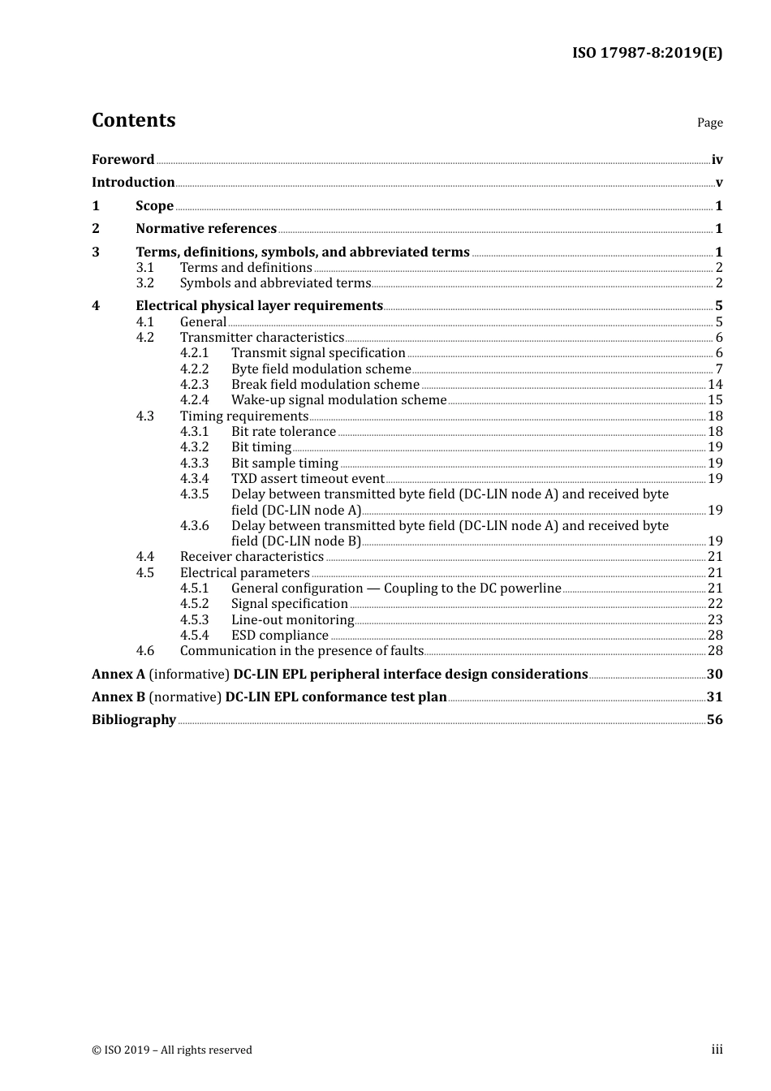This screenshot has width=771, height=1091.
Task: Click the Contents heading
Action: [x=133, y=120]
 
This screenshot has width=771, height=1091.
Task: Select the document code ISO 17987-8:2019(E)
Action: [x=647, y=53]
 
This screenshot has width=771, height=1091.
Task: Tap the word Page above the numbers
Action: [x=709, y=123]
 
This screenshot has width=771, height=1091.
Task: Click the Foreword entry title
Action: [x=123, y=160]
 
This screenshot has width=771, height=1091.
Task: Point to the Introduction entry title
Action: [x=133, y=183]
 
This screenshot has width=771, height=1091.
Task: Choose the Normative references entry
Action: [x=206, y=229]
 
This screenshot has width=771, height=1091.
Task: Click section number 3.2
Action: [x=145, y=283]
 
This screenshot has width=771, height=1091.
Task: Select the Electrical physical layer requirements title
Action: [x=259, y=306]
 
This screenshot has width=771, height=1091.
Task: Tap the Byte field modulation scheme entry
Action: [x=321, y=369]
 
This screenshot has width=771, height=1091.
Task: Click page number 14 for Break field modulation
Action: [x=715, y=385]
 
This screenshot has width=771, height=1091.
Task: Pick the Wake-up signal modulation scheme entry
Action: [x=338, y=400]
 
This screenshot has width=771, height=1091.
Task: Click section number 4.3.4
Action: [x=194, y=479]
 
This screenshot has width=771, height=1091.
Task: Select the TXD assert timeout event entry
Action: [x=308, y=479]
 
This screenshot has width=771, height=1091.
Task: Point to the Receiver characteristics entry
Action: [x=252, y=557]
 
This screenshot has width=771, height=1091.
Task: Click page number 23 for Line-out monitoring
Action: [x=715, y=620]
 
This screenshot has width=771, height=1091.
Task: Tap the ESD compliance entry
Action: [x=280, y=636]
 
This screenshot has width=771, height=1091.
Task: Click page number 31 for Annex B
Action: [x=714, y=697]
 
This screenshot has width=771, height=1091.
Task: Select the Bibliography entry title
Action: [x=134, y=720]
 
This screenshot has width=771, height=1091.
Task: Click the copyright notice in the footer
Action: [x=172, y=1050]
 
